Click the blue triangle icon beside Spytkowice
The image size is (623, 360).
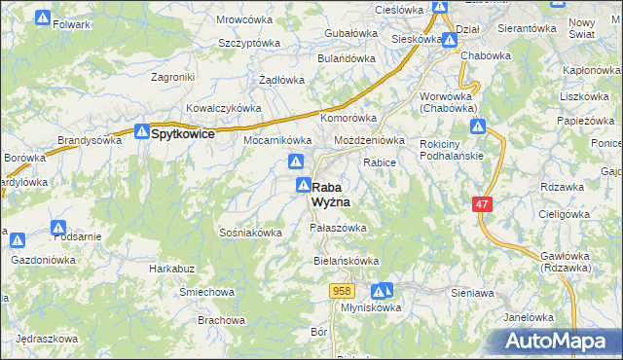click(141, 131)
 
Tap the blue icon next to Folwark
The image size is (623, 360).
click(42, 18)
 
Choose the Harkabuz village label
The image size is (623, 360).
click(167, 268)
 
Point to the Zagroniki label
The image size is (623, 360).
click(174, 77)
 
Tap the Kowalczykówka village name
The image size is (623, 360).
click(224, 109)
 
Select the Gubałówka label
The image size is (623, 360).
click(349, 33)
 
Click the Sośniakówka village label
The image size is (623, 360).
click(251, 233)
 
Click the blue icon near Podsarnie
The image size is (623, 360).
click(57, 228)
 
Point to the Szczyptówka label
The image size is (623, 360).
click(249, 44)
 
